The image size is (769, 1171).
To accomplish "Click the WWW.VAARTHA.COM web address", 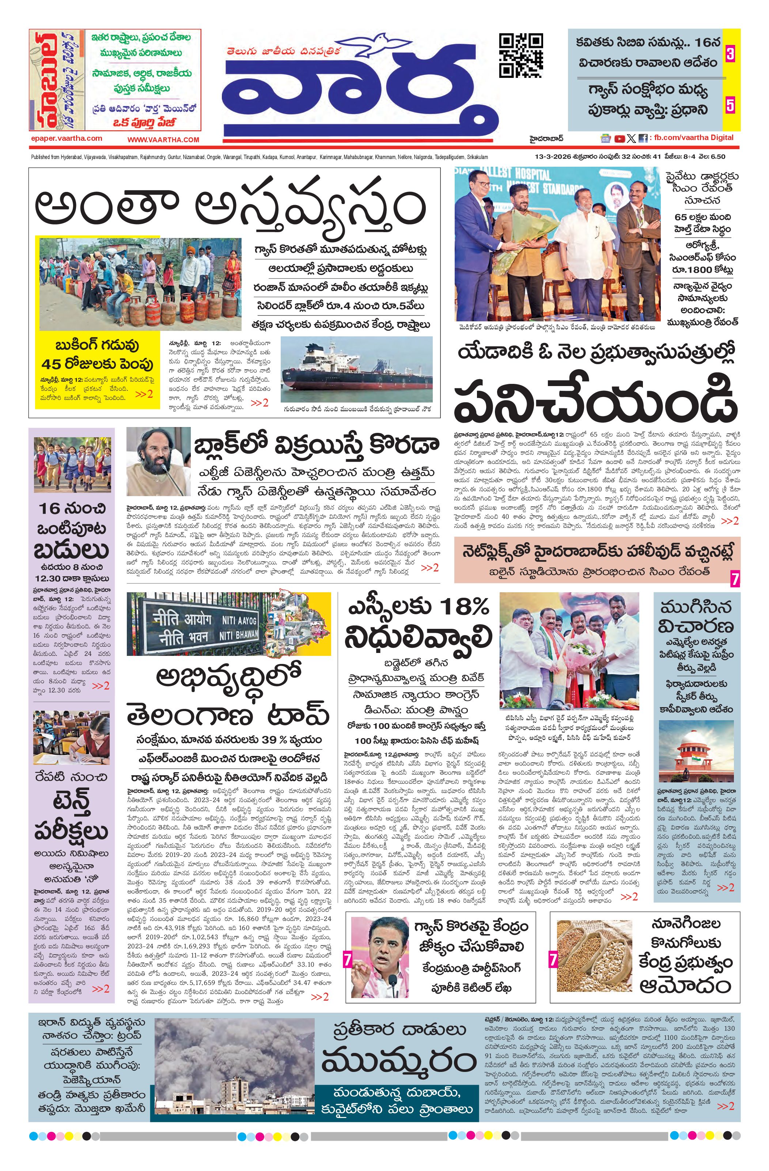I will click(x=163, y=140).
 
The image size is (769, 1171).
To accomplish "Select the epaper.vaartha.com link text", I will click(x=66, y=138).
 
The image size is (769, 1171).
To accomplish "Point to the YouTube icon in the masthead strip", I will click(x=620, y=139).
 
